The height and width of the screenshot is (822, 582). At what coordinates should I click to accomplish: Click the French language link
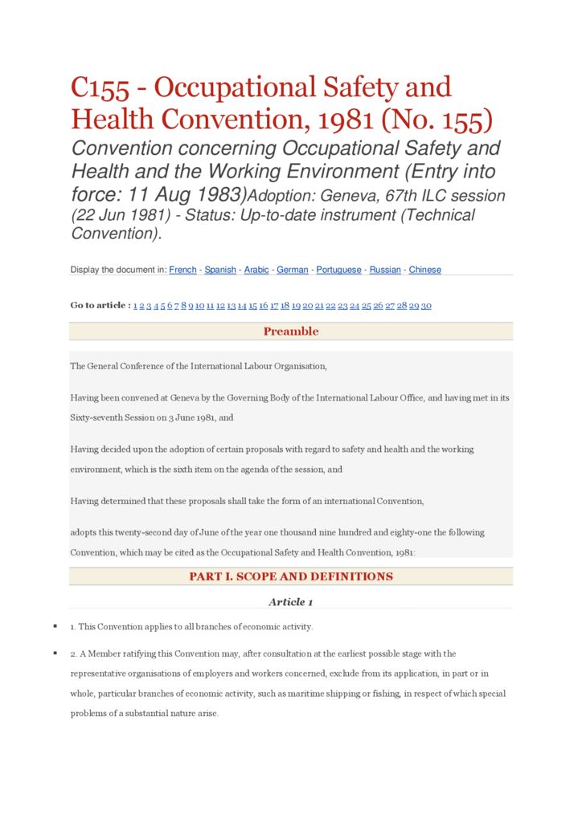(182, 270)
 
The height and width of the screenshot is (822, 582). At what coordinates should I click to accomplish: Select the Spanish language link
(220, 270)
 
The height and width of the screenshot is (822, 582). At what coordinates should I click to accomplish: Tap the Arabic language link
(256, 270)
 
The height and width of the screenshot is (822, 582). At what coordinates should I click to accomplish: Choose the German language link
(293, 270)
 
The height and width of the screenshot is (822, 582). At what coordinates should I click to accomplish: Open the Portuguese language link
(338, 270)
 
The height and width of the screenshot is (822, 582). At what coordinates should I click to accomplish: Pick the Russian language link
(385, 270)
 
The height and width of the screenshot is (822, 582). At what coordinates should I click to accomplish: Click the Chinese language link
(424, 270)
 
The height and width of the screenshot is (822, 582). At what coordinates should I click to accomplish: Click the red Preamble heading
(291, 332)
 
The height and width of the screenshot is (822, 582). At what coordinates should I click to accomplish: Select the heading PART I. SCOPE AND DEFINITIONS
(291, 576)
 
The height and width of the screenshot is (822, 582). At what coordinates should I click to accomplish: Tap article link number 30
(426, 306)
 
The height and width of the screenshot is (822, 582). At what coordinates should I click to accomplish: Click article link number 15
(252, 306)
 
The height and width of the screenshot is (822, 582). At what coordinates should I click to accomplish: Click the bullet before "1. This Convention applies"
(55, 626)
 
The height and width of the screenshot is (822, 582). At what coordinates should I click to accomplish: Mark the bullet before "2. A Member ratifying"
(55, 653)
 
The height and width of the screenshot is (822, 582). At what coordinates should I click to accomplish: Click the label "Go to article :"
(100, 305)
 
